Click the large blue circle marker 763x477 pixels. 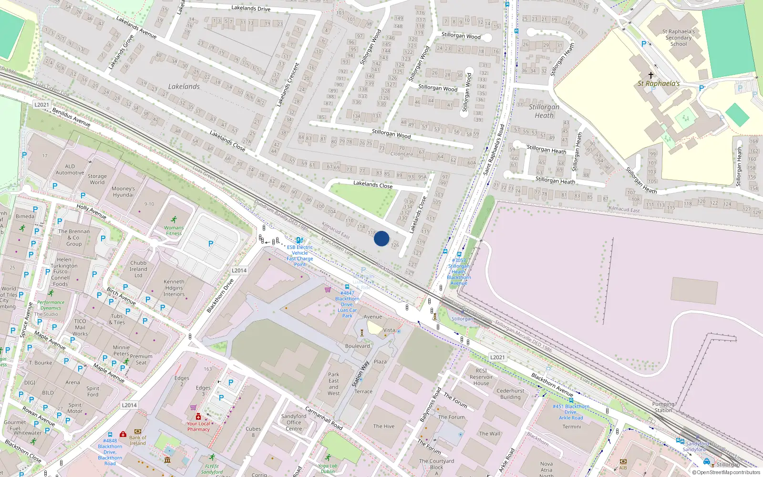(x=381, y=238)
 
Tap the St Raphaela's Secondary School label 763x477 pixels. (x=679, y=38)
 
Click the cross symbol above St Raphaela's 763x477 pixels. (x=650, y=75)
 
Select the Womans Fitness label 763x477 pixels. (x=174, y=230)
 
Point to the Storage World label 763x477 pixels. (x=97, y=179)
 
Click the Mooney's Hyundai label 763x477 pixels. (x=123, y=191)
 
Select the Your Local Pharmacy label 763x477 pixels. (x=198, y=426)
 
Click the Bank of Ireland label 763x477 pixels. (x=138, y=440)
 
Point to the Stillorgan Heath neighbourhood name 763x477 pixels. (x=544, y=111)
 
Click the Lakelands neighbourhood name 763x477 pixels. (x=184, y=86)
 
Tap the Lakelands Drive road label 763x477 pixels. (x=251, y=8)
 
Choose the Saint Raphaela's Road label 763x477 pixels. (x=494, y=150)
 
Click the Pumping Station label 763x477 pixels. (x=663, y=407)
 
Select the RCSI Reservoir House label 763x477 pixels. (x=481, y=377)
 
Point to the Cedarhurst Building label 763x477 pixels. (x=510, y=394)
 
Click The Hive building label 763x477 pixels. (x=384, y=426)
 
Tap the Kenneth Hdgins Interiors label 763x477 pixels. (x=174, y=288)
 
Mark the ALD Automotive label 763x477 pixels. (x=70, y=169)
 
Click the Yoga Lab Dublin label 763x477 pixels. (x=328, y=468)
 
